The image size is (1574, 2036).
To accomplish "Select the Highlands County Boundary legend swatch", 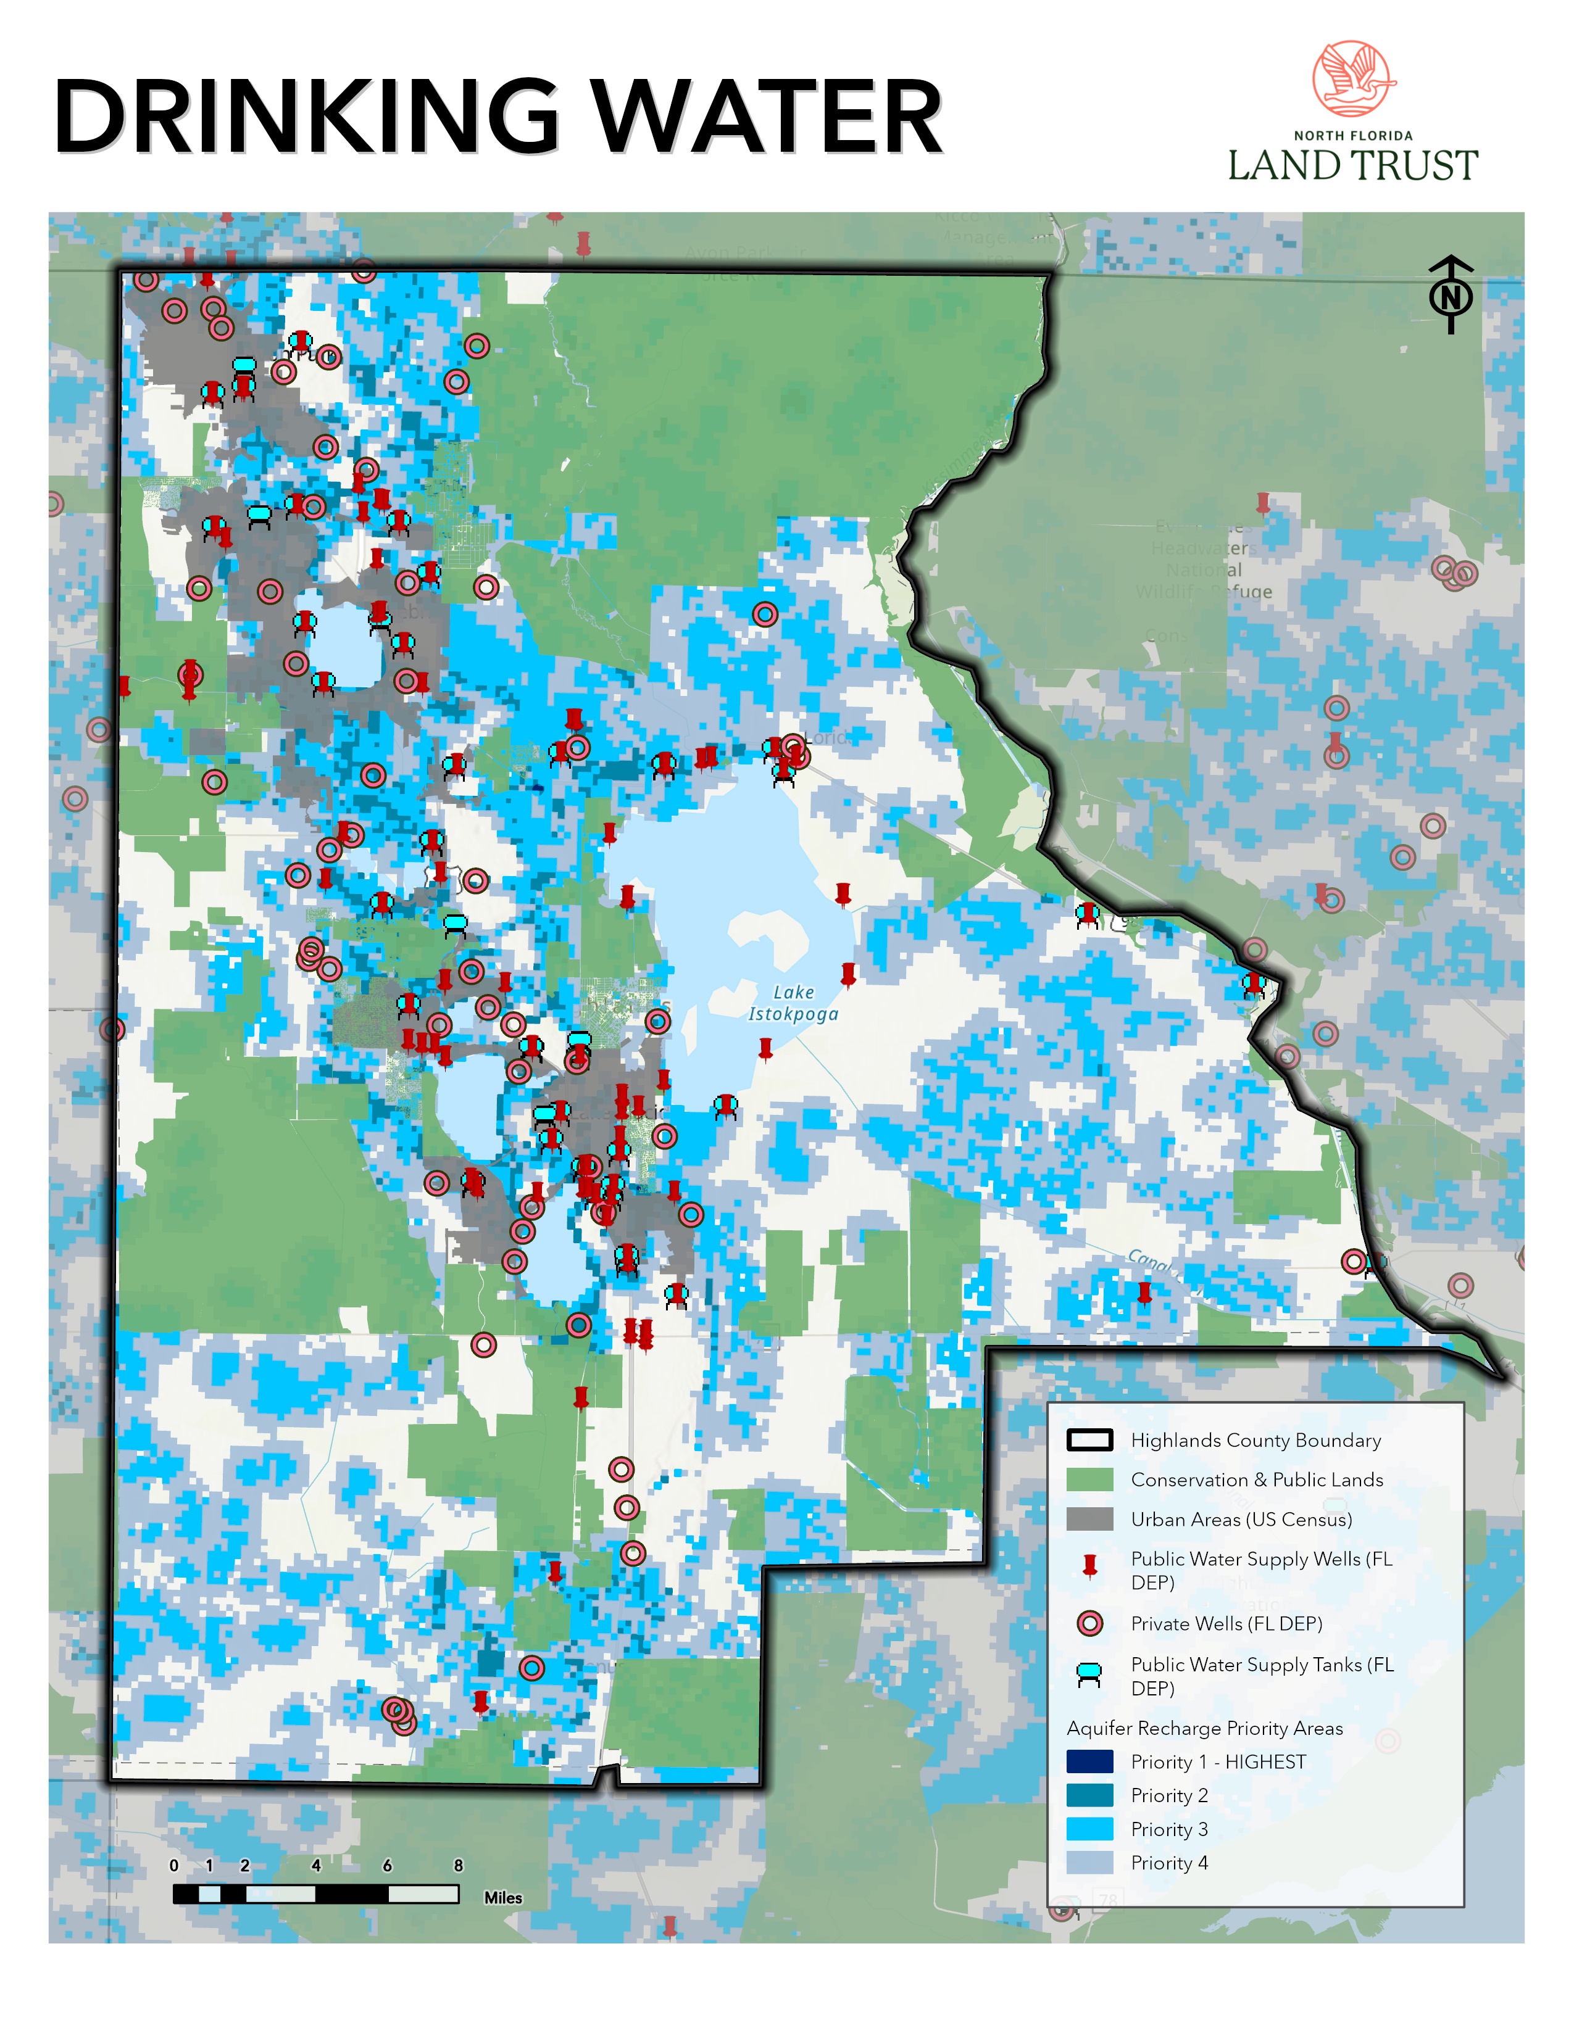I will [x=1089, y=1440].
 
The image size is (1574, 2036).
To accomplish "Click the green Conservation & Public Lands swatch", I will [x=1089, y=1479].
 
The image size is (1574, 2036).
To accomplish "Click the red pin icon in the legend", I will [x=1089, y=1565].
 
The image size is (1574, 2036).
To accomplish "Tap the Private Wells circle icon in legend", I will [x=1089, y=1623].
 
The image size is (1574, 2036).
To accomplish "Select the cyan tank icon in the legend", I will [x=1089, y=1674].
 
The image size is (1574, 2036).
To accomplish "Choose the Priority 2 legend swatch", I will [x=1089, y=1795].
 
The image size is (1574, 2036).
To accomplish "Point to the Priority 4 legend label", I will [x=1169, y=1863].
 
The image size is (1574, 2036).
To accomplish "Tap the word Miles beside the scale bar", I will [x=502, y=1897].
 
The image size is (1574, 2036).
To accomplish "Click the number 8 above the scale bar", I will [x=458, y=1864].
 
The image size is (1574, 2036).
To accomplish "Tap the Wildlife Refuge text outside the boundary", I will [x=1204, y=591].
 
